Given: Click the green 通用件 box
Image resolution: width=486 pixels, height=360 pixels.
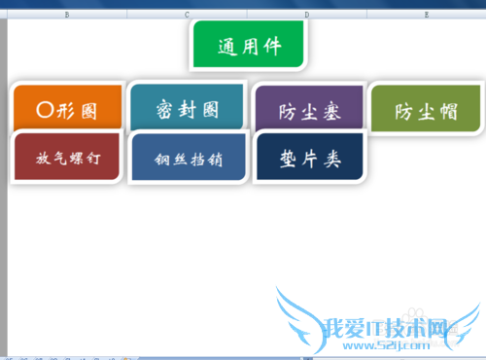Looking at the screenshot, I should (249, 45).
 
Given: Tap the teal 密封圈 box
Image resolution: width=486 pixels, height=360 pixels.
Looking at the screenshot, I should (188, 108).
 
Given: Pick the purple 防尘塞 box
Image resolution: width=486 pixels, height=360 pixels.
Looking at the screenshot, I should (309, 111).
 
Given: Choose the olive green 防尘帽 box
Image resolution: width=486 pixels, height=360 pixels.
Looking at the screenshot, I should (426, 111).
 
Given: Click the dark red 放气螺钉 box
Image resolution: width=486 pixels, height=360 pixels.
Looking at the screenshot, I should (65, 156).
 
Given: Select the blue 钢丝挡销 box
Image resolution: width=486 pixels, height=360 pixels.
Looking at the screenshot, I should (188, 159).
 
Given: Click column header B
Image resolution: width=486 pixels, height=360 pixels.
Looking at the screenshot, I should (65, 15).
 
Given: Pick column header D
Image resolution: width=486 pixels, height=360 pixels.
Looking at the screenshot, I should (306, 15).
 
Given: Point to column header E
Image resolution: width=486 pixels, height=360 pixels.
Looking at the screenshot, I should (427, 15).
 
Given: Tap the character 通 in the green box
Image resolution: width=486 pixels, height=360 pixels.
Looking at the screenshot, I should (227, 46).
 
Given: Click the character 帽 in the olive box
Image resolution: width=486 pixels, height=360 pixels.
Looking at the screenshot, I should (447, 111).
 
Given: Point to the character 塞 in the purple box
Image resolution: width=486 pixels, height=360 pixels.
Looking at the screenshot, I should (331, 111).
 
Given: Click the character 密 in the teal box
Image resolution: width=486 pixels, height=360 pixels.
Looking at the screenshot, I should (164, 109).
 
